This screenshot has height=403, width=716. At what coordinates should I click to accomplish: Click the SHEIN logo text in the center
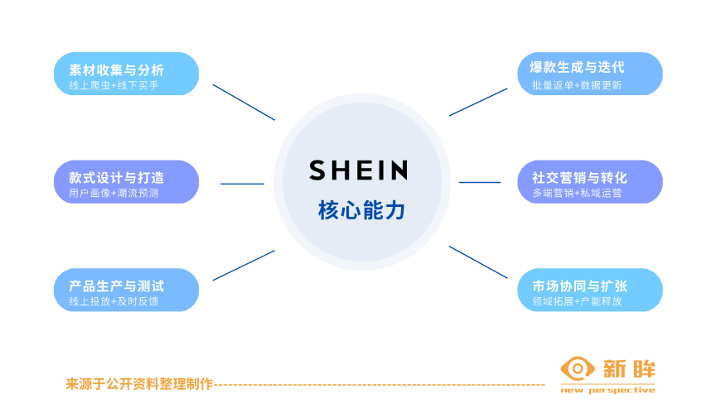[358, 170]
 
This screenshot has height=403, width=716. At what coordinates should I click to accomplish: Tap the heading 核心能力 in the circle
[361, 210]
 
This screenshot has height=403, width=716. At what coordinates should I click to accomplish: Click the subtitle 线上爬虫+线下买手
[114, 85]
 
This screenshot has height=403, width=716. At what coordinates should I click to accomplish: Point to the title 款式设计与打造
[116, 177]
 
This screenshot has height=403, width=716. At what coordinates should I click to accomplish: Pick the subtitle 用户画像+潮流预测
[114, 194]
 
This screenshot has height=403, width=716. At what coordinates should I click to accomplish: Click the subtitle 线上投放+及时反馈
[114, 302]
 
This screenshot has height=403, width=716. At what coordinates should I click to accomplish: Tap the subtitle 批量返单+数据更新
[577, 85]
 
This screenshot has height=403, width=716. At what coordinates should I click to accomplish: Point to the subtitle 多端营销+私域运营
[577, 194]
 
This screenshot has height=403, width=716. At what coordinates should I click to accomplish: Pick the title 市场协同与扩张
[579, 286]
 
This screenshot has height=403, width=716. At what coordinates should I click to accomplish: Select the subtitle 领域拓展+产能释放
[577, 302]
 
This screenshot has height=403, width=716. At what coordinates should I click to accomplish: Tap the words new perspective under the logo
[607, 390]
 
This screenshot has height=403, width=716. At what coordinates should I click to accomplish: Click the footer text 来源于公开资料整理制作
[139, 384]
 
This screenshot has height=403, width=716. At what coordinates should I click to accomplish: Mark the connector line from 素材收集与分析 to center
[244, 102]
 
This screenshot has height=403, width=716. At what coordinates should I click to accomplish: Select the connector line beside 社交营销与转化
[480, 182]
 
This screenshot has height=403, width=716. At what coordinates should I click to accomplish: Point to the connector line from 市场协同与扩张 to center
[478, 261]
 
